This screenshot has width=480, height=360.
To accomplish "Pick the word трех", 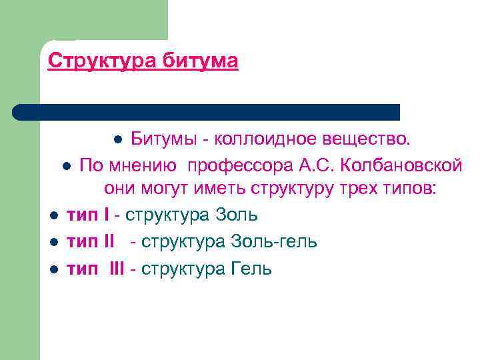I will (351, 189).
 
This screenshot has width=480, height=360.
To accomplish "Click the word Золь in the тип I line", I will (237, 215).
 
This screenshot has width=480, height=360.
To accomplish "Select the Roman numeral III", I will (117, 269).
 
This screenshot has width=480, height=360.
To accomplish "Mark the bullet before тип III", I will (54, 269).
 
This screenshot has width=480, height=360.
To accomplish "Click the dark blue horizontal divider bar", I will (207, 111).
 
